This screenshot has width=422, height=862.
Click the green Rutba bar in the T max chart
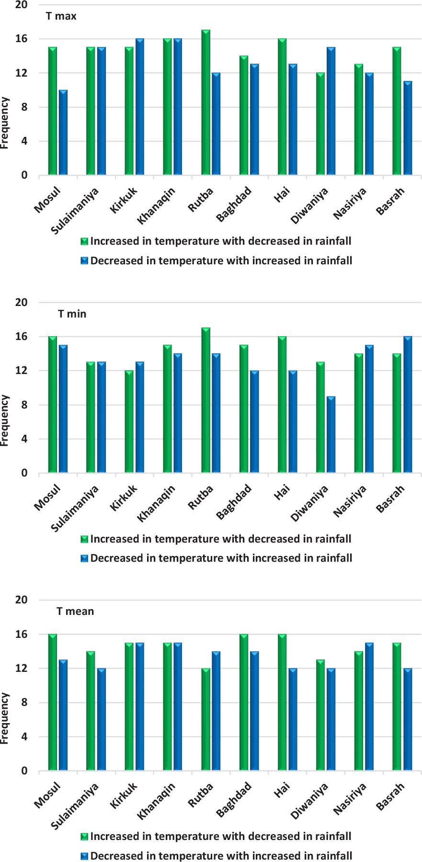point(205,102)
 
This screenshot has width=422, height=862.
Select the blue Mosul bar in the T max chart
point(63,133)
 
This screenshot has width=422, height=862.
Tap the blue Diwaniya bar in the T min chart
point(331,434)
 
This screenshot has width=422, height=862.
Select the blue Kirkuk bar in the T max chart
point(140,107)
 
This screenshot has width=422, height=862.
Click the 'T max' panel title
point(61,16)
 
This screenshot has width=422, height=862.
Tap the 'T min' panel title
point(72,314)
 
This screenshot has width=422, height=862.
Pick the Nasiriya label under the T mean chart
point(350,799)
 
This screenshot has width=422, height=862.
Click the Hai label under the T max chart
point(283,195)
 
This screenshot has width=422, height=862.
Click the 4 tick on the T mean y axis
point(24,737)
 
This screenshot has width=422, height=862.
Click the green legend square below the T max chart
point(84,241)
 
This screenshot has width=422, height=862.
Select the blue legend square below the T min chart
point(84,558)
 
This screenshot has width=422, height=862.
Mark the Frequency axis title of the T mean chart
point(5,718)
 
